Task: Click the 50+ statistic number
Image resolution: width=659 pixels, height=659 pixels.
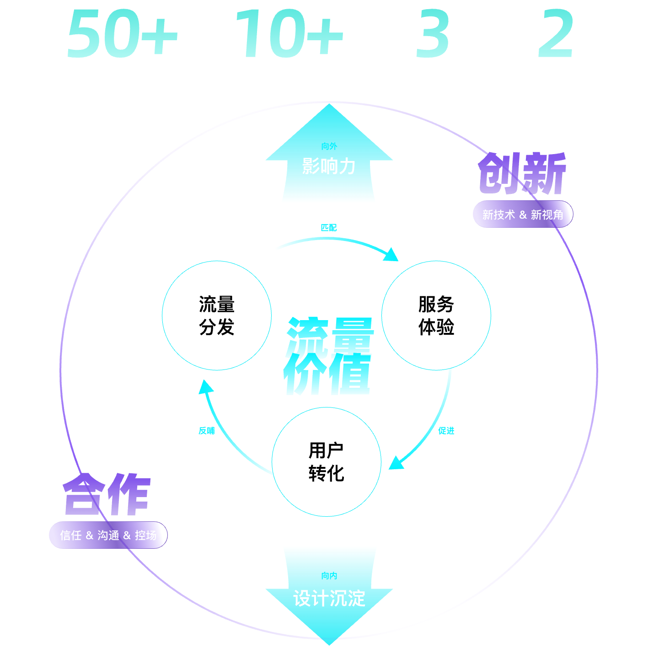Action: pyautogui.click(x=122, y=34)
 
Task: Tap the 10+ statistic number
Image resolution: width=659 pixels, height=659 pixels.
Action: pyautogui.click(x=289, y=34)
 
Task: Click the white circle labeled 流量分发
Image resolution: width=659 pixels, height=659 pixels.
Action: pyautogui.click(x=217, y=316)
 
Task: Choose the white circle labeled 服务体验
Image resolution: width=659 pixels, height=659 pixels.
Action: pyautogui.click(x=436, y=316)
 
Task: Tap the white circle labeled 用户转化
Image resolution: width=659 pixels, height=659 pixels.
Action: pyautogui.click(x=326, y=461)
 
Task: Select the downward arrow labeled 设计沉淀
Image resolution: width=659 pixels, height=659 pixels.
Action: pyautogui.click(x=329, y=597)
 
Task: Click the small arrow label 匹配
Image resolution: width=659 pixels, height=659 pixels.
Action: pyautogui.click(x=328, y=228)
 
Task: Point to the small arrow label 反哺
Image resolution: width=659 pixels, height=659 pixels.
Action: pyautogui.click(x=207, y=431)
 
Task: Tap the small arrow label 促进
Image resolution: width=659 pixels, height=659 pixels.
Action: pyautogui.click(x=446, y=431)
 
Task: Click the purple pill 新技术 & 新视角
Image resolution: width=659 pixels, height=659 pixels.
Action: pyautogui.click(x=522, y=214)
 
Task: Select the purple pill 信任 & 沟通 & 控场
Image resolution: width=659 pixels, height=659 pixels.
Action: pyautogui.click(x=108, y=535)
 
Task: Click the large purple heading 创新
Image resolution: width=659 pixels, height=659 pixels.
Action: pyautogui.click(x=522, y=174)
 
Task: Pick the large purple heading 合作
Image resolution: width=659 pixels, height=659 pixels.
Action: pyautogui.click(x=107, y=495)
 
